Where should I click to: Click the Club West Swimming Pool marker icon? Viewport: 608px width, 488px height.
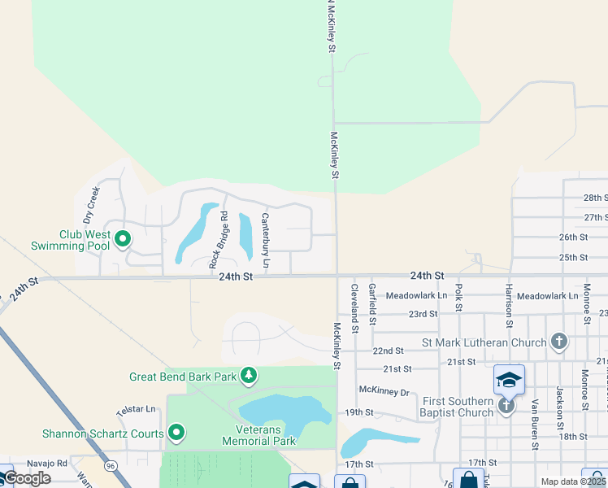tap(123, 239)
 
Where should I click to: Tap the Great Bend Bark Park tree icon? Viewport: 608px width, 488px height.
tap(249, 376)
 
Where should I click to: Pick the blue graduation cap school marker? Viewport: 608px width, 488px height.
tap(509, 380)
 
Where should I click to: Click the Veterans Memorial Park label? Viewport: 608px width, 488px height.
tap(258, 435)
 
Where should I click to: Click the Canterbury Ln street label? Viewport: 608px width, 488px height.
tap(265, 242)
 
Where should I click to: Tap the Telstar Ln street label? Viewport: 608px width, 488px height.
tap(136, 411)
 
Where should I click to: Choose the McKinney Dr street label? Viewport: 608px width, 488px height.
tap(384, 392)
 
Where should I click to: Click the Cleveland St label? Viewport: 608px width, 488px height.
tap(354, 307)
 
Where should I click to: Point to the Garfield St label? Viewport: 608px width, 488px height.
tap(372, 300)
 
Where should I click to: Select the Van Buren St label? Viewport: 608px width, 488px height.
tap(535, 423)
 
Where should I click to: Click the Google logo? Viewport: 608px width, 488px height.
tap(27, 478)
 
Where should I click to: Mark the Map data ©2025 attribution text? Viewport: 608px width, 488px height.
tap(574, 481)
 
